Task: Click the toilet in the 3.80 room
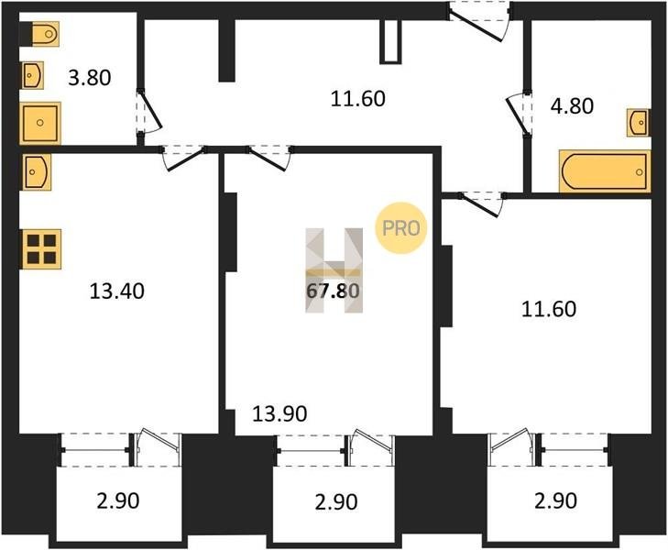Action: pos(45,34)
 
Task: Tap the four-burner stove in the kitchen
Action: pos(41,249)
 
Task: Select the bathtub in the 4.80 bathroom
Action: pos(605,170)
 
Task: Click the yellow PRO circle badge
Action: pos(400,228)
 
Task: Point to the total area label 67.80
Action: pos(334,291)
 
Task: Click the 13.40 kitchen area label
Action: pos(117,291)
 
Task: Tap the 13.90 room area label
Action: pos(279,413)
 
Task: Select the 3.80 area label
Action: pos(90,78)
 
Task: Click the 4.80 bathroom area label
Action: pos(572,105)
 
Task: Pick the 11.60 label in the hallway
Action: pos(358,98)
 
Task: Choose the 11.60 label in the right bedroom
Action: pos(549,309)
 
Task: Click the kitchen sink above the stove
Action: pos(37,171)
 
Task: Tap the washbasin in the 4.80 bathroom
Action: pos(638,123)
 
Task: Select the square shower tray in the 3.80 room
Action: pos(40,123)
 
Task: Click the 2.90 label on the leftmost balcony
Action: pos(118,500)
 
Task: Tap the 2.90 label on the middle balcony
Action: pos(336,501)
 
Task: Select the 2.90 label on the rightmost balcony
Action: pos(556,500)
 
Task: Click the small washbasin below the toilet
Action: pos(32,76)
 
